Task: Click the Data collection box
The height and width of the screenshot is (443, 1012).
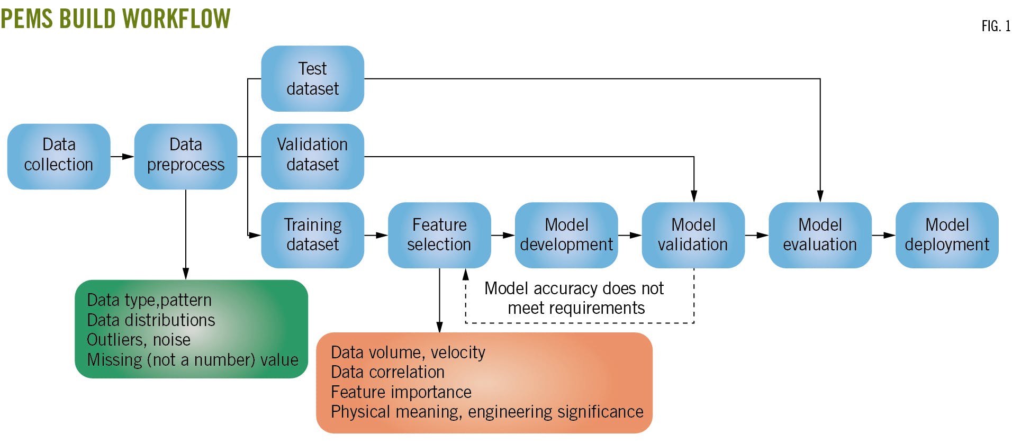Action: [x=59, y=156]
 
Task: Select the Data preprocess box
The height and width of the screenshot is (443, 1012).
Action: [x=185, y=156]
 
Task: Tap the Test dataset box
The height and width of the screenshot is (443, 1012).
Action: [x=312, y=78]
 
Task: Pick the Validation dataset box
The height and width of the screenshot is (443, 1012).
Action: [x=312, y=156]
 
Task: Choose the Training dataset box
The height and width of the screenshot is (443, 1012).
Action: [x=312, y=235]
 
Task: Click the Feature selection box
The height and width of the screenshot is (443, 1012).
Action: [x=439, y=235]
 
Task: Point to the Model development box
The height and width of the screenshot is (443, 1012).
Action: [x=566, y=235]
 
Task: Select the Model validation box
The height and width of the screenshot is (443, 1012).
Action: [x=693, y=235]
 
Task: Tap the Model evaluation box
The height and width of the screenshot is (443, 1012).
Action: [x=820, y=235]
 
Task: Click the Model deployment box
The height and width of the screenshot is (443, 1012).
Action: [x=947, y=235]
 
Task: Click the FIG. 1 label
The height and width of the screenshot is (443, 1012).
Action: [x=996, y=26]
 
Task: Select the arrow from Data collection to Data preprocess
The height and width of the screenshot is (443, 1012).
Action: [x=122, y=157]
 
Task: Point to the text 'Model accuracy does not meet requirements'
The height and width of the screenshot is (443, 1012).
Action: [x=575, y=298]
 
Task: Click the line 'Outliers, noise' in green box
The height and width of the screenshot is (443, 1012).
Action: [x=138, y=340]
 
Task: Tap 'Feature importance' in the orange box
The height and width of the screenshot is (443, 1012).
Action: [x=401, y=392]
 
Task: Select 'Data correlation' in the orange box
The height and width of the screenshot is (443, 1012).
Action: [x=387, y=372]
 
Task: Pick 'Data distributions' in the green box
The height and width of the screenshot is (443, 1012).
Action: [x=151, y=320]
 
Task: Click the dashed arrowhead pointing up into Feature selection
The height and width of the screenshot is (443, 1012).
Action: [x=466, y=274]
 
